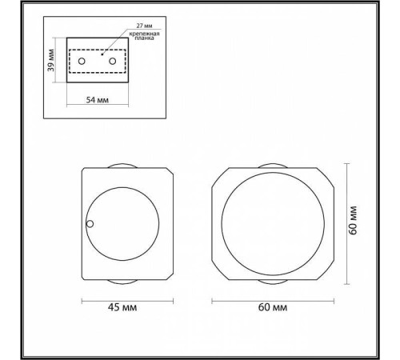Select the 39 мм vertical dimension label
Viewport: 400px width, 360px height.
click(x=51, y=62)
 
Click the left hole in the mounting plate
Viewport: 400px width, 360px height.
click(x=82, y=62)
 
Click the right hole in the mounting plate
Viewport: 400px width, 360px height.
click(x=113, y=62)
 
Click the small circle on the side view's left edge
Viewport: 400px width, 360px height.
click(x=90, y=225)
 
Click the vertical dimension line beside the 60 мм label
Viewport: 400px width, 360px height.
click(x=346, y=224)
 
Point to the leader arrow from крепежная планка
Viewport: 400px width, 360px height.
click(x=112, y=46)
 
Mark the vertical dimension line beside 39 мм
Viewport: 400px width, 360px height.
click(x=58, y=62)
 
